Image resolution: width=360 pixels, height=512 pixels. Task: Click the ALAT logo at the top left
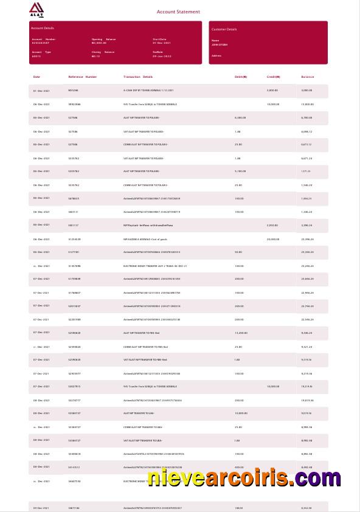click(36, 10)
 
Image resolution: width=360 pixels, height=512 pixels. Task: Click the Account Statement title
click(178, 12)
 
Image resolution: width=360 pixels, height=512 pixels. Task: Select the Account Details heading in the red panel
click(42, 28)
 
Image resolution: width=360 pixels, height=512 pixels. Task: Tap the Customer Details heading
click(224, 29)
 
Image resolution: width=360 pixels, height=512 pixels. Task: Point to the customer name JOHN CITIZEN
click(220, 45)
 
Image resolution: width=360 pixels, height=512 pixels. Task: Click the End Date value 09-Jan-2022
click(162, 55)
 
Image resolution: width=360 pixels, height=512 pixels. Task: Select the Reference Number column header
click(82, 77)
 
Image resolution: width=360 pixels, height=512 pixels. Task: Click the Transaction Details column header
click(138, 77)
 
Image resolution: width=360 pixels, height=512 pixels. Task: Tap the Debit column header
click(241, 77)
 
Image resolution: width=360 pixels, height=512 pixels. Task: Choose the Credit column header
click(274, 77)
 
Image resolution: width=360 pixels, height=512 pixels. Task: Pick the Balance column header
click(308, 77)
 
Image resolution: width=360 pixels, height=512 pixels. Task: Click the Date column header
click(36, 77)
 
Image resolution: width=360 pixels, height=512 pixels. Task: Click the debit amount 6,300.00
click(240, 118)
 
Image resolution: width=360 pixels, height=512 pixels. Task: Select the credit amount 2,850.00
click(272, 225)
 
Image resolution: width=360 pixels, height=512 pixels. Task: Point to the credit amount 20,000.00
click(273, 239)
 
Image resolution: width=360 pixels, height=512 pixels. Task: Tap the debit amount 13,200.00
click(241, 333)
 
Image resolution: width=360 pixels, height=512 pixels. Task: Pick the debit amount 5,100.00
click(240, 171)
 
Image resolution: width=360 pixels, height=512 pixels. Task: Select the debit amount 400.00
click(239, 467)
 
